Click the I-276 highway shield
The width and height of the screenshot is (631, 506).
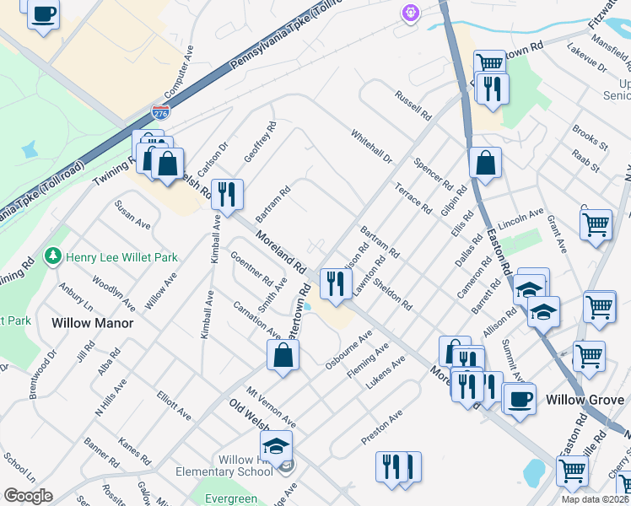(x=160, y=111)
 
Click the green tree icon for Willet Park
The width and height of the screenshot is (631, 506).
(x=53, y=255)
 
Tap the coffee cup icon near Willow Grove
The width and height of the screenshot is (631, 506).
(x=520, y=396)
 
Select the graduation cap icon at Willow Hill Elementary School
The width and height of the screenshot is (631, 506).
(x=276, y=444)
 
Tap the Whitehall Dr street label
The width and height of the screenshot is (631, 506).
(x=371, y=146)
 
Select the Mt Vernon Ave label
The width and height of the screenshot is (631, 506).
(x=271, y=406)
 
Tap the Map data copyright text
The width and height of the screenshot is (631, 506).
(x=595, y=499)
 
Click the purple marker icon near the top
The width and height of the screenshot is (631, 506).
(x=410, y=13)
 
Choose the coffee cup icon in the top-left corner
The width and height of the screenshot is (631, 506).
(x=43, y=13)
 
